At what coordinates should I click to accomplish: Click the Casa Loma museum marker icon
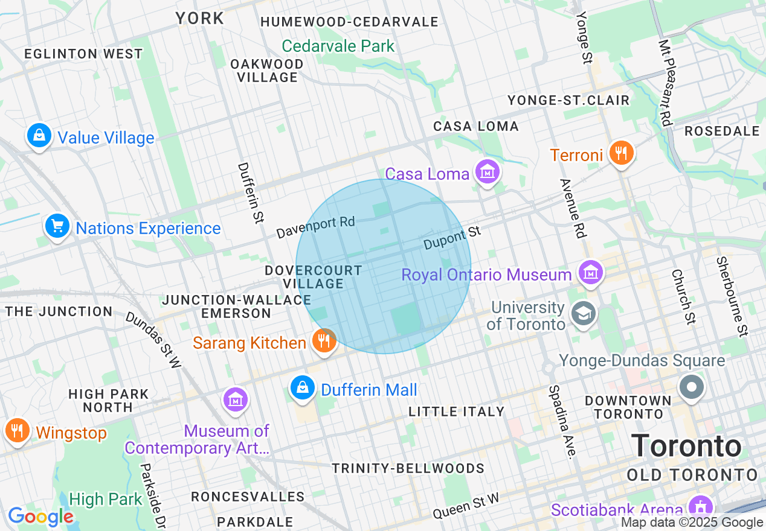click(x=488, y=173)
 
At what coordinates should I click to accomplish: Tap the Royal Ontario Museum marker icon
click(x=590, y=273)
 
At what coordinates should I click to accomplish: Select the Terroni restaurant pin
click(x=620, y=153)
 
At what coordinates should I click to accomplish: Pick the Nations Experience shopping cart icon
click(x=57, y=226)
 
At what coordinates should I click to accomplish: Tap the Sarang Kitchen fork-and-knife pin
click(x=325, y=341)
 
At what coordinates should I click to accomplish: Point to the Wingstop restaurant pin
click(x=18, y=431)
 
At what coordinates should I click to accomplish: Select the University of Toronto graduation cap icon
click(x=584, y=314)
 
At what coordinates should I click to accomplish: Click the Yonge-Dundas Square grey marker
click(x=692, y=386)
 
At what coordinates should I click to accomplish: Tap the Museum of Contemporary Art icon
click(x=235, y=400)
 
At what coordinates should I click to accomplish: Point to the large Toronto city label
click(x=686, y=447)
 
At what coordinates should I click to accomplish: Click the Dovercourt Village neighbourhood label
click(x=314, y=277)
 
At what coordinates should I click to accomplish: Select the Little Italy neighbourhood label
click(x=457, y=412)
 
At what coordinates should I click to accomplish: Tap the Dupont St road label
click(x=452, y=238)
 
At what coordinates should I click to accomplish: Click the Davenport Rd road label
click(x=315, y=227)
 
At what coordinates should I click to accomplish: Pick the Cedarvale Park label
click(x=338, y=46)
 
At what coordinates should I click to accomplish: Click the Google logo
click(x=40, y=517)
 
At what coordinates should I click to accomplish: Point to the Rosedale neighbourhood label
click(x=722, y=131)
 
